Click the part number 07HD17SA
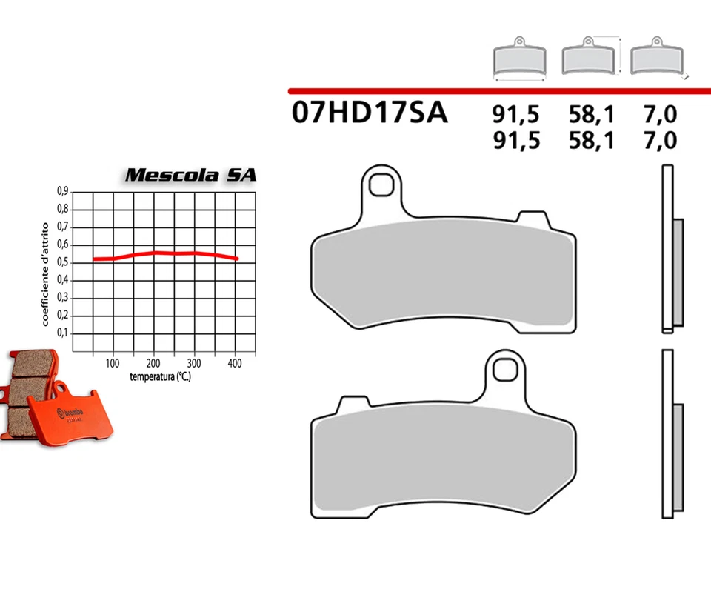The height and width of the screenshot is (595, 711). (x=370, y=113)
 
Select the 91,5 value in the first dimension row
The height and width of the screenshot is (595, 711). (x=516, y=115)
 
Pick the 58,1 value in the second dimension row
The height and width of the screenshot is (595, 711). (x=592, y=140)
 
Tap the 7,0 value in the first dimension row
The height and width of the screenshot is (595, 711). (x=661, y=115)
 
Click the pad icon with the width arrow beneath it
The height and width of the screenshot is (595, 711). (x=520, y=59)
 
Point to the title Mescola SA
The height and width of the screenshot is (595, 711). (x=190, y=176)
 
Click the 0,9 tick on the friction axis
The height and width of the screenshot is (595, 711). (x=63, y=191)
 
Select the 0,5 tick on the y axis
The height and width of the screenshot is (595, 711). (x=63, y=262)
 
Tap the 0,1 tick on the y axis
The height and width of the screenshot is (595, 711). (x=63, y=333)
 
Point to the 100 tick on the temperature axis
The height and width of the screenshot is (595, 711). (x=113, y=364)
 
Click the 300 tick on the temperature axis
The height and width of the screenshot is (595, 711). (x=194, y=364)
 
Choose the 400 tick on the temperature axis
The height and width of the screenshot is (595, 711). (x=235, y=364)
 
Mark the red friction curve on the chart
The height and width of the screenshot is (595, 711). (x=163, y=253)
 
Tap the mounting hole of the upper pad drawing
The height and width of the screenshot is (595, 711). (x=383, y=185)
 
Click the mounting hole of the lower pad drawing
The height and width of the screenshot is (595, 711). (x=507, y=368)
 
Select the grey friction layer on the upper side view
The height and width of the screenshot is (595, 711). (x=678, y=273)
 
